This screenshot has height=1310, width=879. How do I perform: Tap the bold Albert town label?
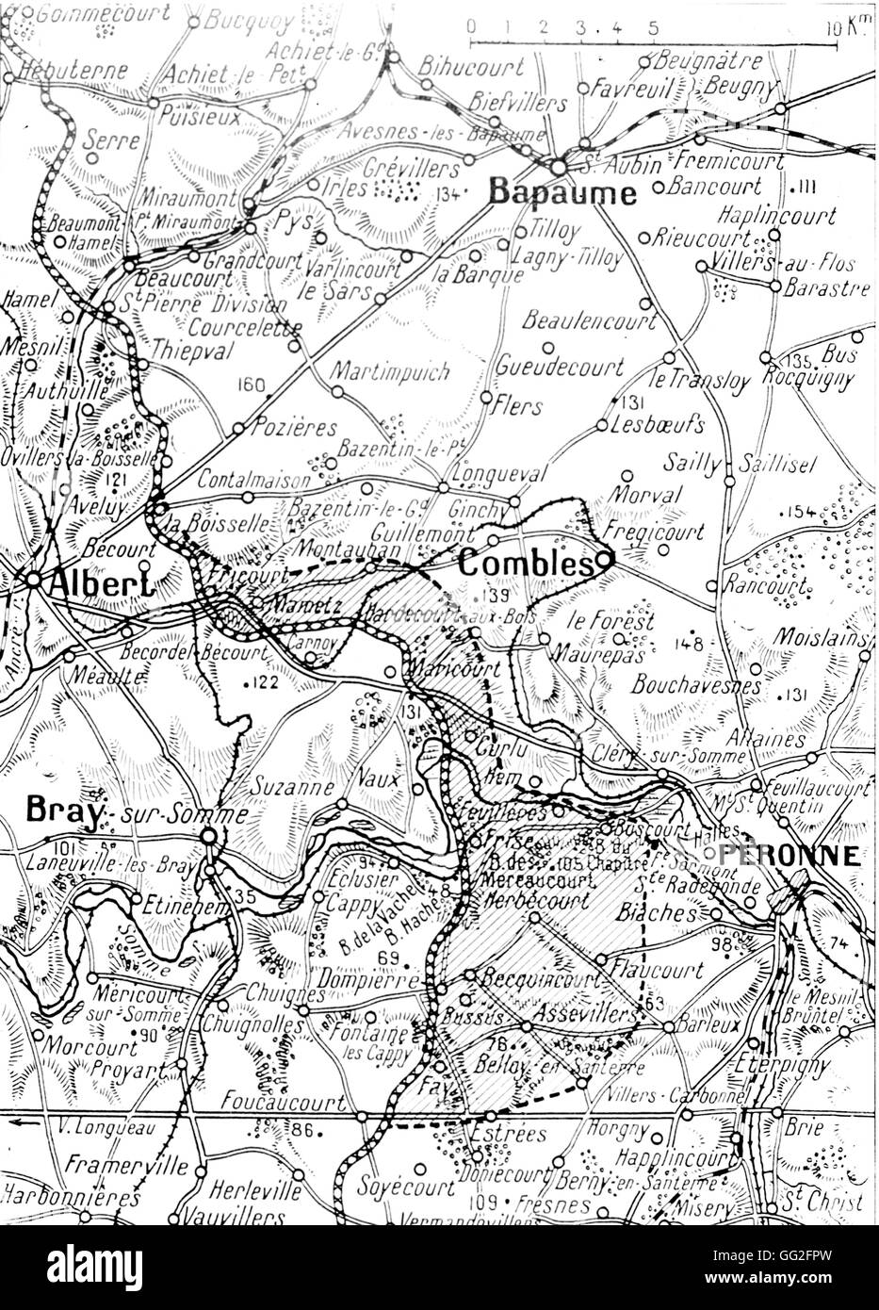coord(91,581)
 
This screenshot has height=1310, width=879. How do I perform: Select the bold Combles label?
coord(524,564)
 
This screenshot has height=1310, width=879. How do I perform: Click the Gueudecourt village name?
coord(560,366)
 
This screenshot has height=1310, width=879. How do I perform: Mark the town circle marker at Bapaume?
coord(560,167)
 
